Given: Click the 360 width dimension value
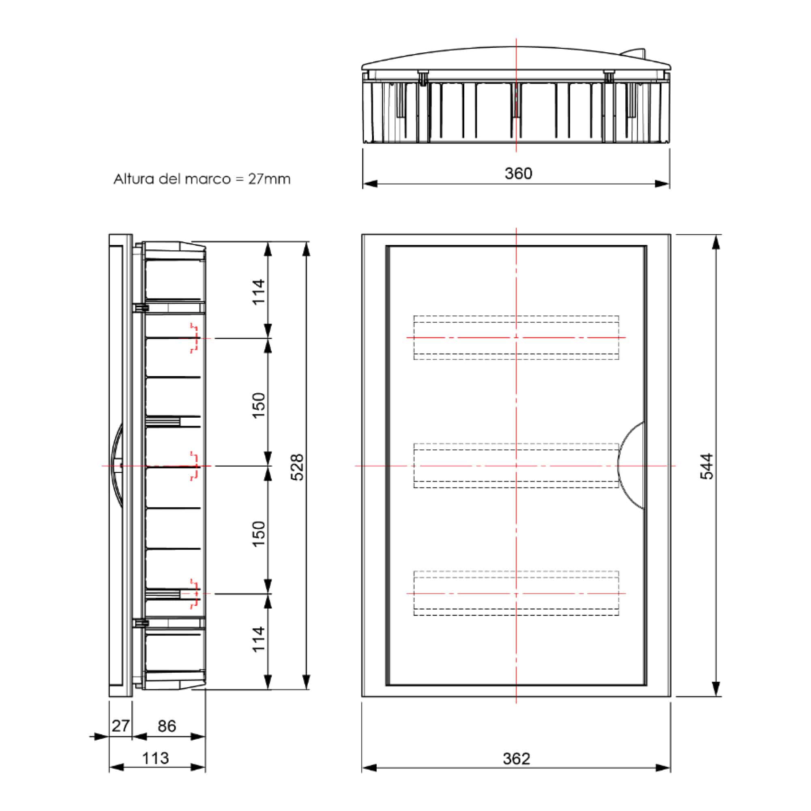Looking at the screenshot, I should (x=518, y=174).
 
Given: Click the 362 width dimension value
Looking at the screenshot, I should (x=516, y=759).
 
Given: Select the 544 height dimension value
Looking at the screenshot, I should (x=706, y=466).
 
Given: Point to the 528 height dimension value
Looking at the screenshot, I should (x=297, y=467).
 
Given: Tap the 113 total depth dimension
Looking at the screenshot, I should (x=155, y=758).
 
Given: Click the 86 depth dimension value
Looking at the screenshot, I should (x=167, y=726).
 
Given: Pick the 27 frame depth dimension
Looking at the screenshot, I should (x=120, y=725).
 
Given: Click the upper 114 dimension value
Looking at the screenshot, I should (x=259, y=292).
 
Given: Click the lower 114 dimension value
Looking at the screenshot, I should (x=259, y=639).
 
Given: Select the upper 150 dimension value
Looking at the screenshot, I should (x=259, y=405).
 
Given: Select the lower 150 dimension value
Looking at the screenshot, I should (x=259, y=534).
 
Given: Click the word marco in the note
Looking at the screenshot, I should (x=207, y=179).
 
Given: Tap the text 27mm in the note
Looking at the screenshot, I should (x=269, y=179).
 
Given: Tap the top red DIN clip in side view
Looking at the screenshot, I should (x=194, y=337).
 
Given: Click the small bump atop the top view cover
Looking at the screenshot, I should (x=634, y=52).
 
